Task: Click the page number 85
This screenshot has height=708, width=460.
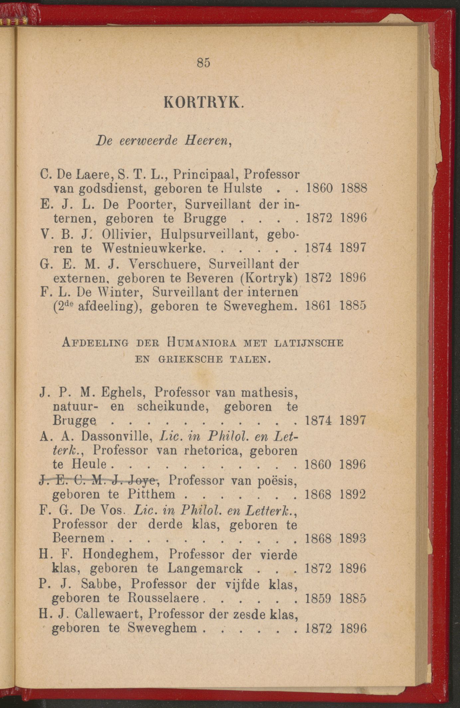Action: pyautogui.click(x=204, y=63)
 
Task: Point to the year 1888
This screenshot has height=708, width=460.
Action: pyautogui.click(x=354, y=189)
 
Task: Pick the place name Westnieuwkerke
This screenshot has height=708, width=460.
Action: pyautogui.click(x=153, y=248)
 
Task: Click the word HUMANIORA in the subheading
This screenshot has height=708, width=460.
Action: pyautogui.click(x=202, y=343)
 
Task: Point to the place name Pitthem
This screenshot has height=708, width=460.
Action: pyautogui.click(x=151, y=494)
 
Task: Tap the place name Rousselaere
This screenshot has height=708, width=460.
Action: pyautogui.click(x=163, y=598)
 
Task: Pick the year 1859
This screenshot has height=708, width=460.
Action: pyautogui.click(x=318, y=598)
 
